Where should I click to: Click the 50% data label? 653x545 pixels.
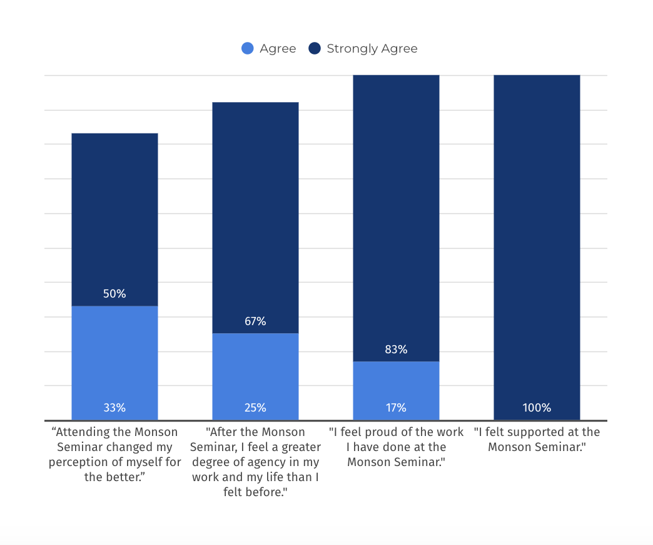[x=114, y=294]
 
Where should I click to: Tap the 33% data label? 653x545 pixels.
[x=114, y=407]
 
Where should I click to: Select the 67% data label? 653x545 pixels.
[x=255, y=321]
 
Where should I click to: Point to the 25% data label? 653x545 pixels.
[x=255, y=407]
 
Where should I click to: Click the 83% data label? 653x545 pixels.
[x=396, y=350]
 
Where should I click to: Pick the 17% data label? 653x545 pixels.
[x=396, y=407]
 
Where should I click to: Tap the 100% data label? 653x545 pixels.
[x=537, y=407]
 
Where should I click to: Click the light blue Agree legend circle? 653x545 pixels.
[x=247, y=48]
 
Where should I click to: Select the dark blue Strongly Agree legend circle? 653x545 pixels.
[x=315, y=48]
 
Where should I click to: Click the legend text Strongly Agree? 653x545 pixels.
[x=372, y=49]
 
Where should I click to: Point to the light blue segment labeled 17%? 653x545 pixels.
[x=396, y=391]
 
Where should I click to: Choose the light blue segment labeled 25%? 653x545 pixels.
[x=255, y=376]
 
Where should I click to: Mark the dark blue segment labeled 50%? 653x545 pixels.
[x=114, y=220]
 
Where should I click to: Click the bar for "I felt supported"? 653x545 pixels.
[x=537, y=247]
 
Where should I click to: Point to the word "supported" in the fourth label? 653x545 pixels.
[x=538, y=432]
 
